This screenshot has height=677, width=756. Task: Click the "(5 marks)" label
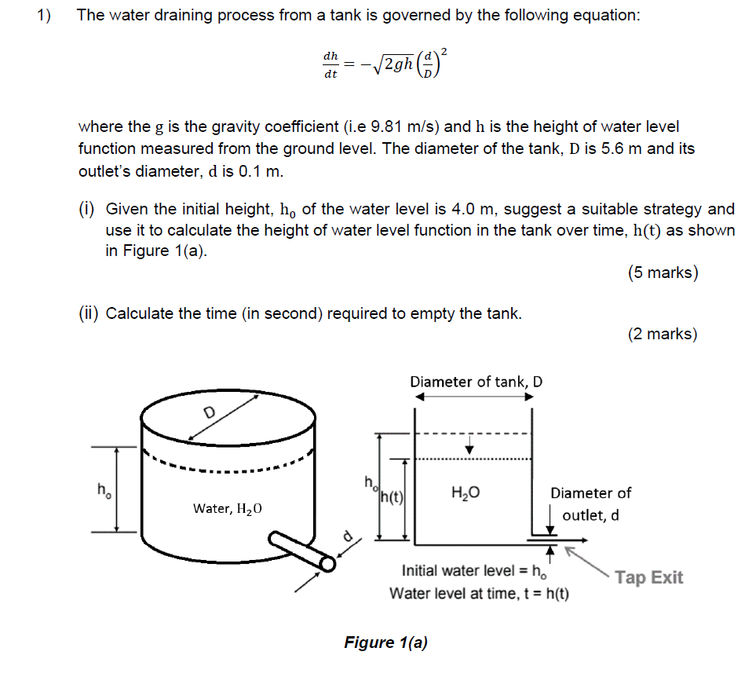pyautogui.click(x=663, y=273)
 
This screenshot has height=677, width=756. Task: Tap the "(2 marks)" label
pyautogui.click(x=663, y=334)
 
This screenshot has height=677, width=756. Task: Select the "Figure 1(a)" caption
pyautogui.click(x=385, y=642)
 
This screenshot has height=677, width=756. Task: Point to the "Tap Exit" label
pyautogui.click(x=648, y=578)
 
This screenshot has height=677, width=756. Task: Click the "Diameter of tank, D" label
pyautogui.click(x=476, y=382)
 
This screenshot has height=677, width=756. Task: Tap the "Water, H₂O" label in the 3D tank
pyautogui.click(x=228, y=509)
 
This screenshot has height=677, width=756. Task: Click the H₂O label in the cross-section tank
pyautogui.click(x=466, y=493)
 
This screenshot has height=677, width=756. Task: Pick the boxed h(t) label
pyautogui.click(x=391, y=496)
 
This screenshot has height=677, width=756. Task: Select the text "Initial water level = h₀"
pyautogui.click(x=474, y=571)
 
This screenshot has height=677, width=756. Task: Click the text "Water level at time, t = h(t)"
pyautogui.click(x=480, y=593)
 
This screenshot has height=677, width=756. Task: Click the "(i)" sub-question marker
pyautogui.click(x=86, y=209)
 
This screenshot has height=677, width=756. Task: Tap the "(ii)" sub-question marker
pyautogui.click(x=89, y=313)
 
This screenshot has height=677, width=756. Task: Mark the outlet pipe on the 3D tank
pyautogui.click(x=302, y=551)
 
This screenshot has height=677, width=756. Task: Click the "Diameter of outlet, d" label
pyautogui.click(x=590, y=503)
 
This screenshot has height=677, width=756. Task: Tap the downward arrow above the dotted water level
pyautogui.click(x=469, y=447)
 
